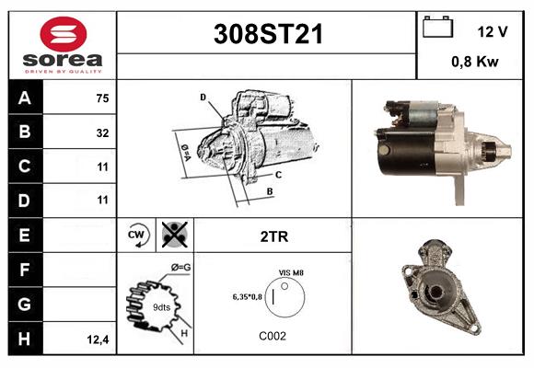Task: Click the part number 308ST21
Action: pyautogui.click(x=268, y=34)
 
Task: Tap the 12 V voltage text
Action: pyautogui.click(x=493, y=31)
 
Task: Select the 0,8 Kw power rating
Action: pyautogui.click(x=475, y=63)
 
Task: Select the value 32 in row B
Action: pyautogui.click(x=102, y=132)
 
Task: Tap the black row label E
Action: pyautogui.click(x=24, y=235)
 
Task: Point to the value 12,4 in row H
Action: pyautogui.click(x=98, y=339)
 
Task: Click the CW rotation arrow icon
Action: pyautogui.click(x=138, y=236)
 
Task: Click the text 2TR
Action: pyautogui.click(x=274, y=236)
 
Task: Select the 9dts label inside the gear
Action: pyautogui.click(x=161, y=307)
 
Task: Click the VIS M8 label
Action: pyautogui.click(x=291, y=273)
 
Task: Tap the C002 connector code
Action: pyautogui.click(x=273, y=336)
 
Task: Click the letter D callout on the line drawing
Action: pyautogui.click(x=203, y=97)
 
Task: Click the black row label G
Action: pyautogui.click(x=24, y=303)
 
